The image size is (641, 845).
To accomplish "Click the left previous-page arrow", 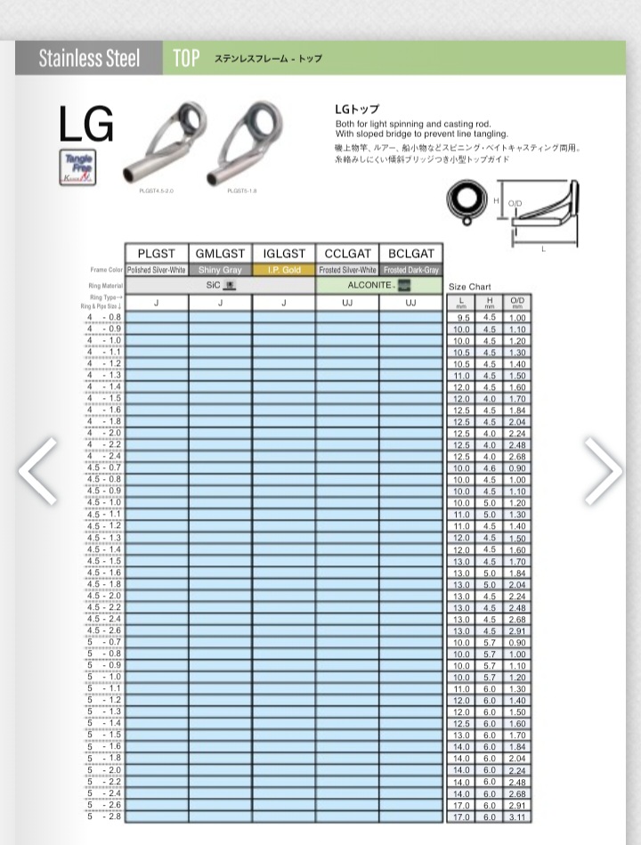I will coord(37,470).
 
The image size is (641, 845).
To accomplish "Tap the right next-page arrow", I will coord(603,470).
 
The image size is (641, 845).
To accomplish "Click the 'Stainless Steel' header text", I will coord(89,59).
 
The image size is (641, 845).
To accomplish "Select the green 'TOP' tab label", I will coord(186,59).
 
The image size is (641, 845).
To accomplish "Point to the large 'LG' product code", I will coord(86,126).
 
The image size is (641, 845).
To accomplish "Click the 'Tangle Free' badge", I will coord(79,167).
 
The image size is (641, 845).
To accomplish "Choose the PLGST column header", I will coord(157,254).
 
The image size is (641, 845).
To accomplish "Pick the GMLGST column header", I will coord(220,254).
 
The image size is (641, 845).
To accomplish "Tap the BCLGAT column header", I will coord(410,254).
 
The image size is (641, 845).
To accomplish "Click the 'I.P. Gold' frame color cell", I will coord(284,270).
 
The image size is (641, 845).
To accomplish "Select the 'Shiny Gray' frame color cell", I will coord(220,270).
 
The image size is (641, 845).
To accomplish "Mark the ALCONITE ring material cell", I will coord(378,286).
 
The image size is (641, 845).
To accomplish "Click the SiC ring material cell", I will coord(220,286).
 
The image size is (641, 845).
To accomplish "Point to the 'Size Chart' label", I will coord(469,287).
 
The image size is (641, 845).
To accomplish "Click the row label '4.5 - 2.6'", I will coord(104,630).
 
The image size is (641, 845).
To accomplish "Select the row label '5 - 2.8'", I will coord(104,816).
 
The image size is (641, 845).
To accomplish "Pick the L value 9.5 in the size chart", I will coord(462,318).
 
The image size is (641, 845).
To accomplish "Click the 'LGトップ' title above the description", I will coord(357,110).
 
